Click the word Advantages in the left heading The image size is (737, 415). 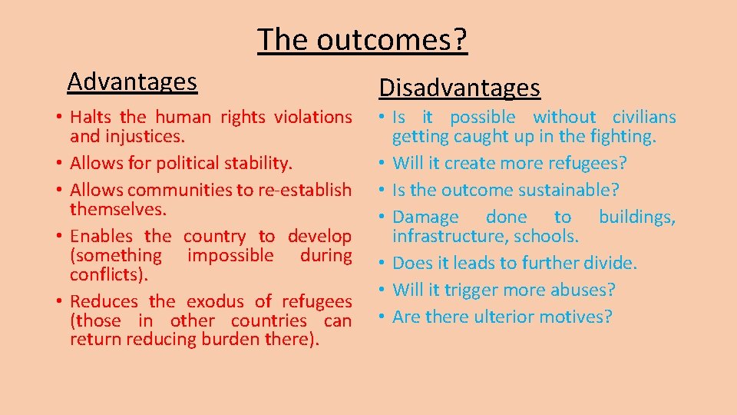pos(132,81)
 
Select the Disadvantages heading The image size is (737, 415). pos(459,88)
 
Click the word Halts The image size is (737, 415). pos(91,118)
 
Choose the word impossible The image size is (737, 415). pos(230,255)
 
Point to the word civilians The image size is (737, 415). pos(643,118)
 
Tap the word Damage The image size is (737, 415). pos(425,217)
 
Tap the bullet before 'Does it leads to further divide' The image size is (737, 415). pos(382,264)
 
